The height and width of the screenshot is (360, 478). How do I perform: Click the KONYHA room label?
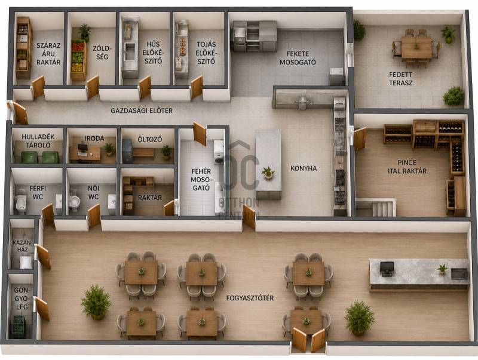coord(304,168)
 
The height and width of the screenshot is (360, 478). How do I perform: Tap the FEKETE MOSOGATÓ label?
coord(298,58)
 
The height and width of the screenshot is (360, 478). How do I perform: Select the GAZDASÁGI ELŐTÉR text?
coord(142,110)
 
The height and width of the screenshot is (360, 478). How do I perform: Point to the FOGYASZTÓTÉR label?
coord(250,298)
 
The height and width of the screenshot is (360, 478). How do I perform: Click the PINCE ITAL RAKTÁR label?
coord(407,167)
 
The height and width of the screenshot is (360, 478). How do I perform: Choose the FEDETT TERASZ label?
coord(400,79)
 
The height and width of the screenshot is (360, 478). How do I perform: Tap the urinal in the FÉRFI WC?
coord(20,202)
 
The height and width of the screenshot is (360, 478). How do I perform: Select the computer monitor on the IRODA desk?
coord(82,148)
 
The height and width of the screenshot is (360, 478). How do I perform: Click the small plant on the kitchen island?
coord(268,173)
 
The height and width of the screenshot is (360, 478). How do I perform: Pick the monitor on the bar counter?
coord(387,269)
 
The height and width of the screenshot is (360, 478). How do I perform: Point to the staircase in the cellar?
coord(381,208)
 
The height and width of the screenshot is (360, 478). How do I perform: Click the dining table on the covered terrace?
coord(416,47)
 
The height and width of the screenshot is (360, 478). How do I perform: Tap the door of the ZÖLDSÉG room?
coord(93,87)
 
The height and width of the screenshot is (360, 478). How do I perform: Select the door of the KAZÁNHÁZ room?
coord(44,256)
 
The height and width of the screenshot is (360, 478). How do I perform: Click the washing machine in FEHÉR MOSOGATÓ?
coord(219,152)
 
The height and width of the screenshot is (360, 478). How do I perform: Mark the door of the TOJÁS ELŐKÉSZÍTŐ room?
coord(197,87)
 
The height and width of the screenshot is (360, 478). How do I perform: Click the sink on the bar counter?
coord(459,273)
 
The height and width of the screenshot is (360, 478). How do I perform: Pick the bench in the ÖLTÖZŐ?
coord(143,152)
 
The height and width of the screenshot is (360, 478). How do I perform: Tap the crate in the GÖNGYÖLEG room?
coord(19,327)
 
